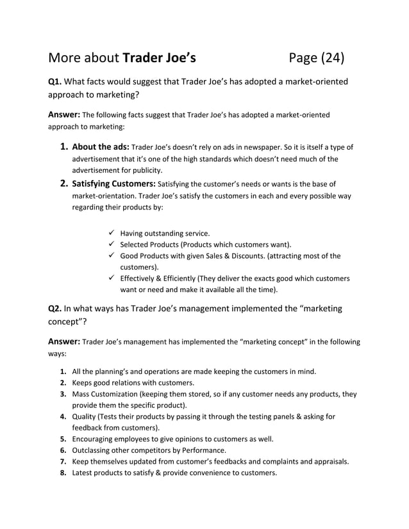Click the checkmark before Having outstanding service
[x=112, y=233]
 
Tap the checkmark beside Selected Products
[x=112, y=245]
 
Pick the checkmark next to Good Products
[x=112, y=256]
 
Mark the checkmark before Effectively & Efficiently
[x=112, y=279]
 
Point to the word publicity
[x=146, y=170]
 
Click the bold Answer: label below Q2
[x=64, y=341]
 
